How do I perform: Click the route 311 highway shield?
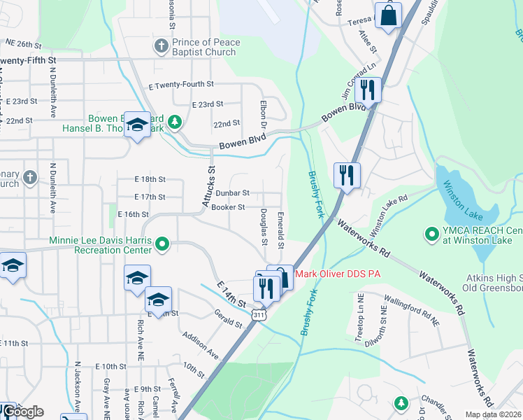(x=259, y=316)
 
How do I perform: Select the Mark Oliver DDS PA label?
(x=338, y=274)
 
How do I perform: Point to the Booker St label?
(x=228, y=207)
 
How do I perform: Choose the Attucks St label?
(x=208, y=186)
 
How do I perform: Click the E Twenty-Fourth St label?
(x=181, y=85)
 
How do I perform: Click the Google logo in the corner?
(x=23, y=412)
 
